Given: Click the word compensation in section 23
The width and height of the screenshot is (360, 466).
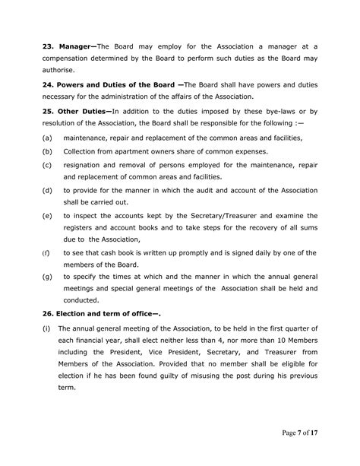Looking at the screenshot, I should (70, 59).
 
